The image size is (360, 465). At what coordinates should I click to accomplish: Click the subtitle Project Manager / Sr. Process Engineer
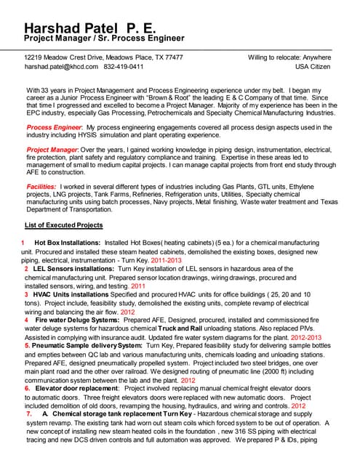(x=104, y=38)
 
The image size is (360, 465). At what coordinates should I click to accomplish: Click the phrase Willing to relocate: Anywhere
(x=289, y=57)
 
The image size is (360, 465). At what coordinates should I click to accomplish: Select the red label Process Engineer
(x=54, y=127)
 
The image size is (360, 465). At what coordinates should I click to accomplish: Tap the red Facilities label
(x=43, y=186)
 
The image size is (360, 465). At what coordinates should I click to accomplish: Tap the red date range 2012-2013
(x=326, y=337)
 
